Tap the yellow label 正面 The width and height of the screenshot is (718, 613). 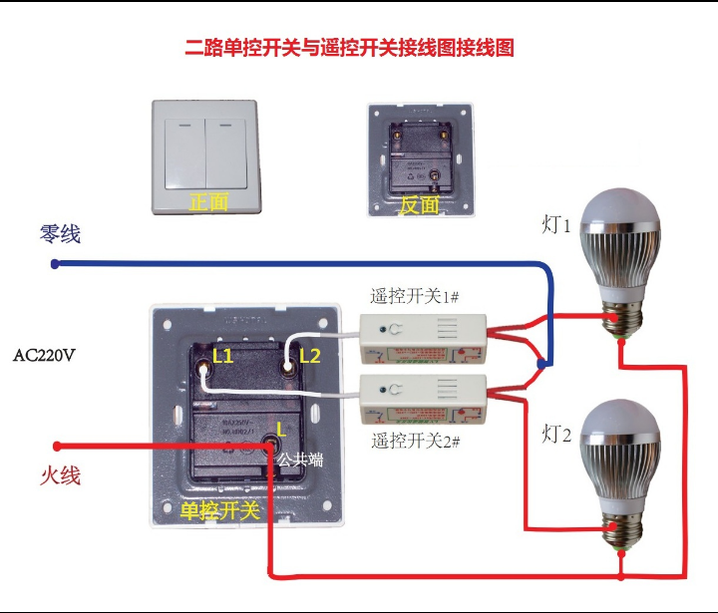pyautogui.click(x=209, y=202)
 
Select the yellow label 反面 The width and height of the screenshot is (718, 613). pyautogui.click(x=419, y=205)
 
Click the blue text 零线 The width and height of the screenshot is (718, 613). pyautogui.click(x=60, y=234)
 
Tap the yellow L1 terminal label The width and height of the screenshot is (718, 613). pyautogui.click(x=223, y=355)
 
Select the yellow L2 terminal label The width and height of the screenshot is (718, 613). pyautogui.click(x=310, y=355)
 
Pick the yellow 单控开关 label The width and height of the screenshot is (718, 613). pyautogui.click(x=219, y=511)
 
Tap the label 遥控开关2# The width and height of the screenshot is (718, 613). pyautogui.click(x=415, y=440)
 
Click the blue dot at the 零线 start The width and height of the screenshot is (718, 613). pyautogui.click(x=56, y=264)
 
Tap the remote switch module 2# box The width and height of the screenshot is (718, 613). pyautogui.click(x=424, y=401)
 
